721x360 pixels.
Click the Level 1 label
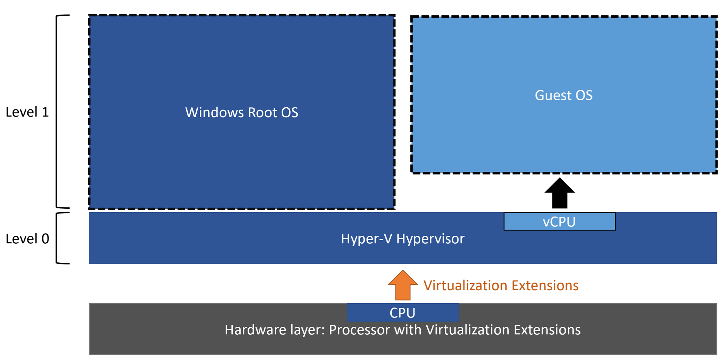(x=27, y=112)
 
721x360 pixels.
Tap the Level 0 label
(x=27, y=239)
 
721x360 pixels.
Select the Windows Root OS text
(x=242, y=112)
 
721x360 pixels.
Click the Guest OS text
(x=564, y=95)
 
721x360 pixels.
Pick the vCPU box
(x=560, y=222)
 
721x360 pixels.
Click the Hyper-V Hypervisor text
(x=403, y=239)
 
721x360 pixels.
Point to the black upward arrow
(x=560, y=193)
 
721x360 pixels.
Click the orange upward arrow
(x=403, y=285)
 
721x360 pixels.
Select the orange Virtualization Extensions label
(x=501, y=286)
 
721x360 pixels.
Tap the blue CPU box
(x=403, y=312)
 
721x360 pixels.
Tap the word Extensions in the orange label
(x=545, y=286)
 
